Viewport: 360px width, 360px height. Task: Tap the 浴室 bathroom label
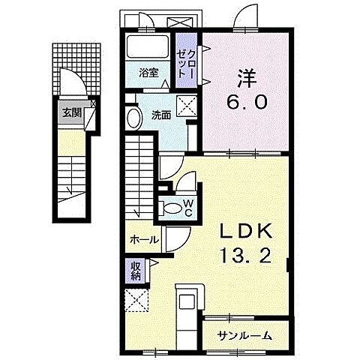click(148, 73)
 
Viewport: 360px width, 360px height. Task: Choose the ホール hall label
click(143, 240)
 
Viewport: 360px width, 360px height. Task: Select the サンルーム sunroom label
click(244, 334)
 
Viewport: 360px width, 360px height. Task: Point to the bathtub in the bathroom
click(147, 46)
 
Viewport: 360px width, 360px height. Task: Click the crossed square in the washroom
click(185, 104)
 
